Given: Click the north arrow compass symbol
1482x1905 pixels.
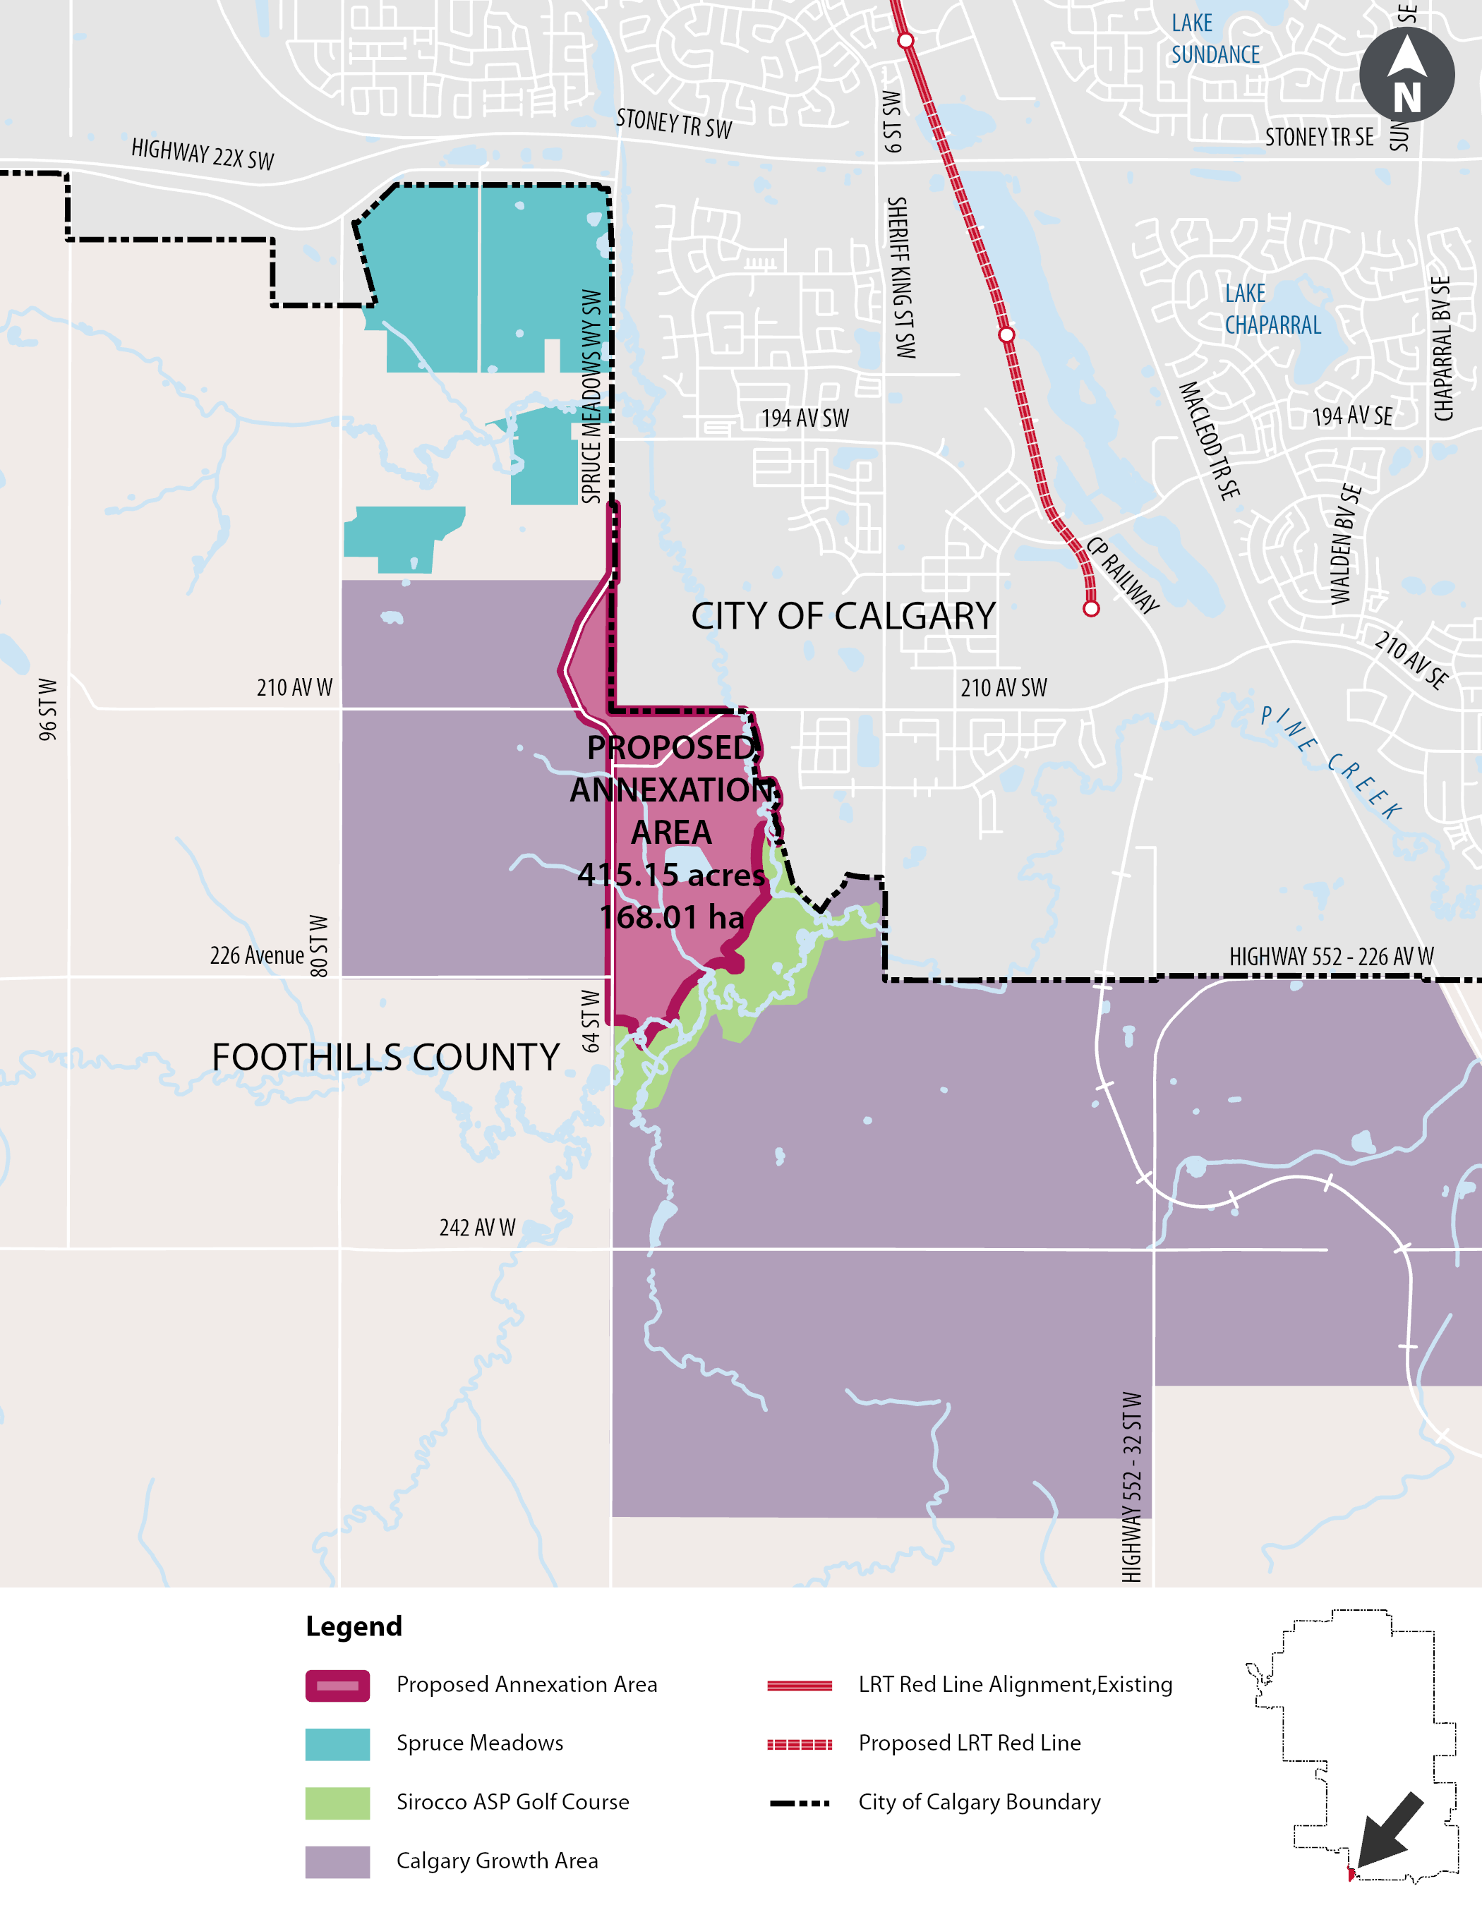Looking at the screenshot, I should pos(1406,75).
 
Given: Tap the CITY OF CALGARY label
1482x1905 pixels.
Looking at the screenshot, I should pos(843,617).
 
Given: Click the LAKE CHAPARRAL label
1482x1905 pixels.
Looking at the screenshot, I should pos(1272,310).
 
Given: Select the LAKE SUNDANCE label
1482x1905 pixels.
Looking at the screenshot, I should pos(1215,40).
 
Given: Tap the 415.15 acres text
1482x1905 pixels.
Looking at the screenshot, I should pos(671,875).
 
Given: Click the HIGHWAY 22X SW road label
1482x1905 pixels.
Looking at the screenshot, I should pos(203,155).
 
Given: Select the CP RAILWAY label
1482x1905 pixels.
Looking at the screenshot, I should pos(1122,576).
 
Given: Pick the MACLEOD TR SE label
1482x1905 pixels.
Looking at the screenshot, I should pos(1209,440).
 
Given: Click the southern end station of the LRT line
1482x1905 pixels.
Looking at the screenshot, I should pos(1090,609).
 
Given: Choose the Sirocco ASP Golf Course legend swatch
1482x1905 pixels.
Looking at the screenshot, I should pos(337,1803).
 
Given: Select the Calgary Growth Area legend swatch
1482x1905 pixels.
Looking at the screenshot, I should pos(337,1861).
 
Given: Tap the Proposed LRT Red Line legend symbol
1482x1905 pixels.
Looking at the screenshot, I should pos(799,1745).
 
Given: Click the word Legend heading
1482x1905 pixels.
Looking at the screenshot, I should pos(354,1627).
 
